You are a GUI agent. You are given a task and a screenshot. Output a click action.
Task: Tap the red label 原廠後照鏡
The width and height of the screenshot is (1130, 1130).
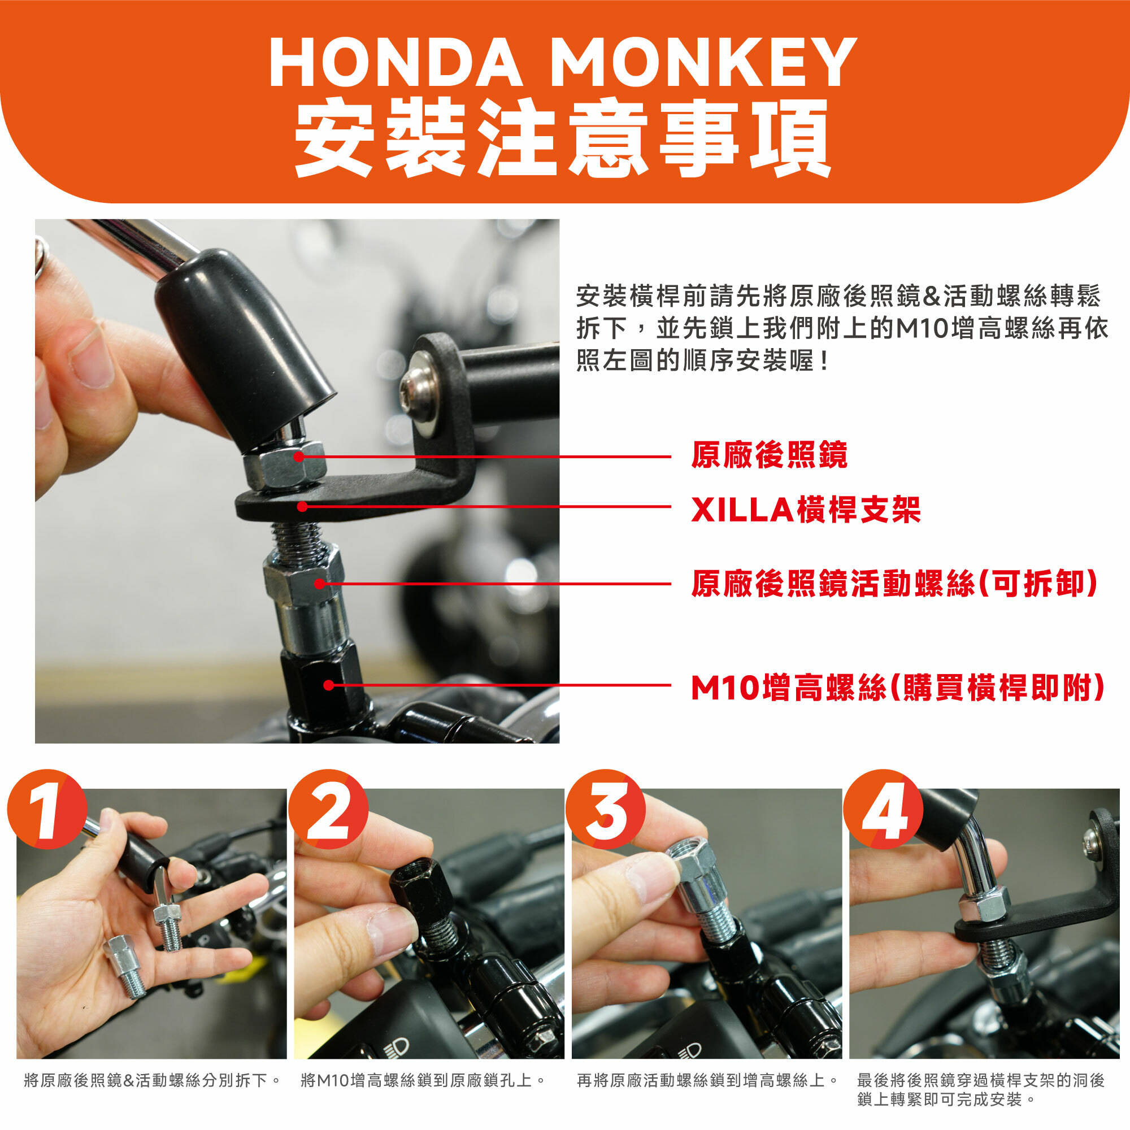pyautogui.click(x=769, y=455)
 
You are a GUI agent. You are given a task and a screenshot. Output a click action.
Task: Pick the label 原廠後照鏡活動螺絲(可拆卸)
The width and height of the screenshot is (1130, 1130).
pyautogui.click(x=895, y=583)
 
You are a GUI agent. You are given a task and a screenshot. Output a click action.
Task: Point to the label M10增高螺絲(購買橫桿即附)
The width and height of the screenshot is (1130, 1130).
pyautogui.click(x=898, y=687)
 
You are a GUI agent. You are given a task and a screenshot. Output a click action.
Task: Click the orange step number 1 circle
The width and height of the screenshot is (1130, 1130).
pyautogui.click(x=47, y=809)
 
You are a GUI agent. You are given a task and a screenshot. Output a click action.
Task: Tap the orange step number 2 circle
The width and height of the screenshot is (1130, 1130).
pyautogui.click(x=328, y=809)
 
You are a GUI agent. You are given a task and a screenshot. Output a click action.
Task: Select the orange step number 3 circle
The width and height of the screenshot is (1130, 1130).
pyautogui.click(x=605, y=809)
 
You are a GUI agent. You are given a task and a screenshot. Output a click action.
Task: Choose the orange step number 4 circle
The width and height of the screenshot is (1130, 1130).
pyautogui.click(x=883, y=809)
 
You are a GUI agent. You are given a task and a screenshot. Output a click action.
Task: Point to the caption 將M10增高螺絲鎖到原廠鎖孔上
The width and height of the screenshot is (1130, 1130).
pyautogui.click(x=418, y=1080)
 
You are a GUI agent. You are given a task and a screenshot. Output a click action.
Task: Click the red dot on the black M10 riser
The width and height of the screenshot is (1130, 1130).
pyautogui.click(x=328, y=685)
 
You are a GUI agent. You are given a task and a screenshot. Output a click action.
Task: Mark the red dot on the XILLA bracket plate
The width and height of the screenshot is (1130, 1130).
pyautogui.click(x=302, y=506)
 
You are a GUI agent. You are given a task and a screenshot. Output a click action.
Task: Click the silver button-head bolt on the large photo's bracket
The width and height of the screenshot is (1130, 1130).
pyautogui.click(x=419, y=386)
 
